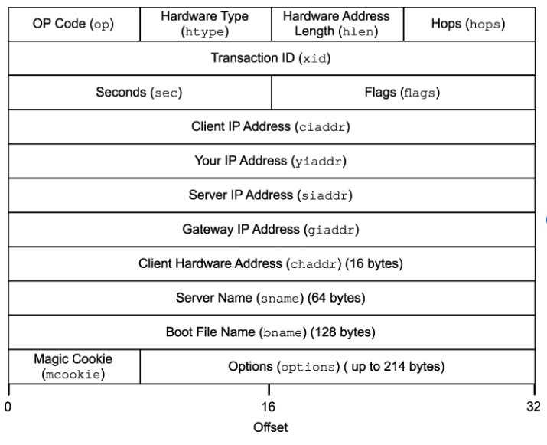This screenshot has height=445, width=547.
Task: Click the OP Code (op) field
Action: (74, 24)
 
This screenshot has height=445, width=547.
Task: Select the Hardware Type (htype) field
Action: (206, 24)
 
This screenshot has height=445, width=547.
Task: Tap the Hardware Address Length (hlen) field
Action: (337, 24)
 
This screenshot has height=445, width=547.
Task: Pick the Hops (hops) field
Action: (468, 24)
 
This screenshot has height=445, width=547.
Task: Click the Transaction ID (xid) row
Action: (272, 58)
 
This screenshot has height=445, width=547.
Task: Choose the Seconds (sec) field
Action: (139, 93)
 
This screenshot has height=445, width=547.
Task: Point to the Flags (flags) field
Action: (402, 93)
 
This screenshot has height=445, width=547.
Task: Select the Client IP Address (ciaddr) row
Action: (272, 127)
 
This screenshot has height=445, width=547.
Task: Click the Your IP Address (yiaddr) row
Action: (272, 161)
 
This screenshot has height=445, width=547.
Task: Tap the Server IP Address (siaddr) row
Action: (272, 195)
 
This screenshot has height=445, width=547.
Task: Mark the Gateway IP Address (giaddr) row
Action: (272, 230)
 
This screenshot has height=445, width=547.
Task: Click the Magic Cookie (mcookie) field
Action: (73, 366)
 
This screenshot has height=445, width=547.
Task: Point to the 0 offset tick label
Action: (8, 405)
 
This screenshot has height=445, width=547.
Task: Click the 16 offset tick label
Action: (269, 405)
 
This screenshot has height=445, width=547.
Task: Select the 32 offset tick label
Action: (533, 405)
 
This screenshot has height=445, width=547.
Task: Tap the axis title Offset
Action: (271, 428)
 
